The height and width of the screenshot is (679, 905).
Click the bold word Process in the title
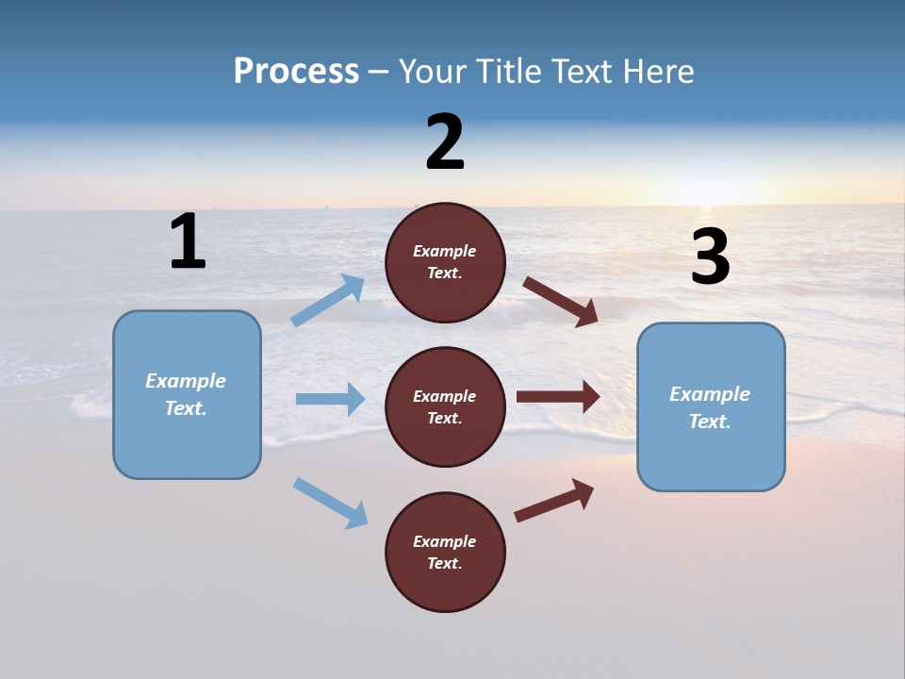tap(296, 72)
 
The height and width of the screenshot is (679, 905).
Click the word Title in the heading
tap(507, 72)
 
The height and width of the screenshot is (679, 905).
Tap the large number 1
tap(188, 242)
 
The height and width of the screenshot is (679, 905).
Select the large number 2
tap(445, 143)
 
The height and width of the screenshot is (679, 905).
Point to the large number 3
tap(710, 258)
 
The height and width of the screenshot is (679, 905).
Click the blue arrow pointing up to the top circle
tap(328, 301)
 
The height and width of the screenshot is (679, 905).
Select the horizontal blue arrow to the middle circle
tap(330, 399)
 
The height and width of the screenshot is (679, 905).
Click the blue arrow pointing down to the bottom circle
tap(331, 503)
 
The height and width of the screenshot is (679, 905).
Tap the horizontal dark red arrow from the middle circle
tap(558, 396)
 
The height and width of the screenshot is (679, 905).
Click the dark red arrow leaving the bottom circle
tap(554, 500)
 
